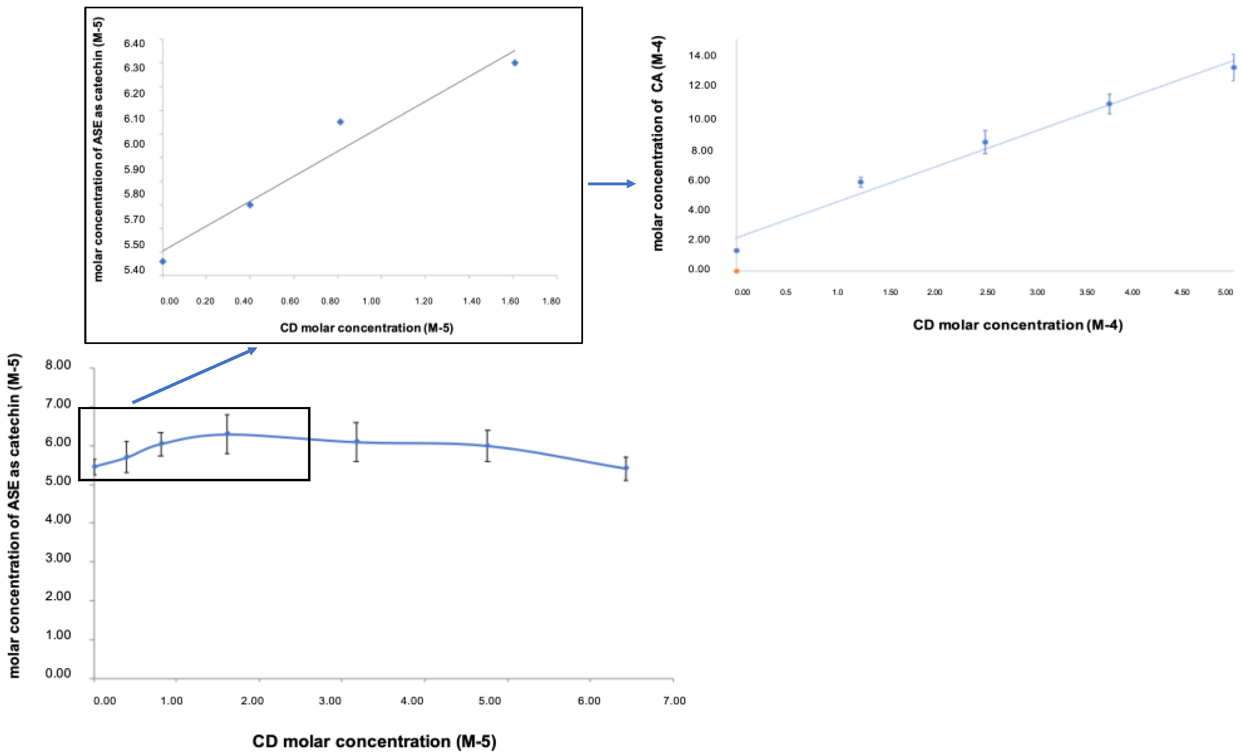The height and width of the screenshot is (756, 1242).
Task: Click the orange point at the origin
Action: coord(737,271)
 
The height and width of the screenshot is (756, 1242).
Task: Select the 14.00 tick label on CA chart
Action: coord(702,56)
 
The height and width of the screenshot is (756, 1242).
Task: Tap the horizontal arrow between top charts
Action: coord(611,184)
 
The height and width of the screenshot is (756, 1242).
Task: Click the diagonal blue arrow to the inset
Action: coord(194,375)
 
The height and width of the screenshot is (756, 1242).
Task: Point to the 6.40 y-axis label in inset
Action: coord(134,43)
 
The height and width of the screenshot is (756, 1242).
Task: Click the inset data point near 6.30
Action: coord(515,63)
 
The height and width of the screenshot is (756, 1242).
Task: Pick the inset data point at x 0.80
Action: coord(340,121)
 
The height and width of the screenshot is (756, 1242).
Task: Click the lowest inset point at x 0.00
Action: coord(162,261)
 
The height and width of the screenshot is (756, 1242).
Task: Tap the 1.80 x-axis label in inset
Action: coord(551,301)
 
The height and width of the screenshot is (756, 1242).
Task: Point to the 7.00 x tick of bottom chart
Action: coord(674,700)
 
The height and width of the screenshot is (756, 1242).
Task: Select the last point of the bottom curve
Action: coord(626,468)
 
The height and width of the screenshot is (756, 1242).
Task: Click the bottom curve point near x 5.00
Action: coord(487,446)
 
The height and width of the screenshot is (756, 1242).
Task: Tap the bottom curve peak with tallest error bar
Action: coord(227,434)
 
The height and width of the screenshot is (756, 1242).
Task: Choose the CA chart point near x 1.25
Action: coord(861,182)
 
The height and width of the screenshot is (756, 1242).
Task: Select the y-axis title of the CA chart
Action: coord(658,143)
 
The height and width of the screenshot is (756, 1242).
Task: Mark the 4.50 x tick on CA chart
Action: coord(1181,292)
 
